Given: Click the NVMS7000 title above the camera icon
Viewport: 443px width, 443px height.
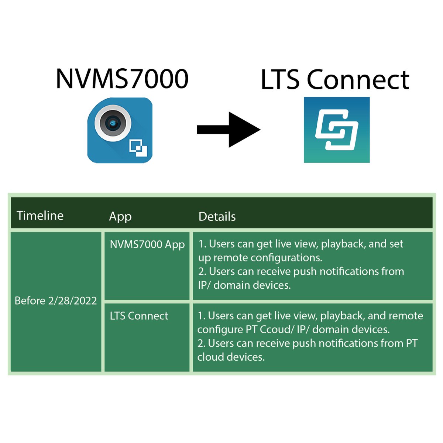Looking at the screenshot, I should pos(122,79).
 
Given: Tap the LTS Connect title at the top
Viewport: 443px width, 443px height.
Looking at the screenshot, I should pos(334,80).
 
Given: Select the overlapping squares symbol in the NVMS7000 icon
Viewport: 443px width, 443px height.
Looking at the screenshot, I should pos(138,148).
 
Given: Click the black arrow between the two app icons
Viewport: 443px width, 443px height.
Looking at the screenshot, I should pos(229,130).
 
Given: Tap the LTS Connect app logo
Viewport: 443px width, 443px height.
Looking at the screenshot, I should pos(336,130).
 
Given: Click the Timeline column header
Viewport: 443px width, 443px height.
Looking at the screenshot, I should pos(40,216).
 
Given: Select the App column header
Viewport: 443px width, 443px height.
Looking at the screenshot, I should pos(120,216).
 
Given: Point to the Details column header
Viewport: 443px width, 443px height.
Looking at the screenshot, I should pos(217,216).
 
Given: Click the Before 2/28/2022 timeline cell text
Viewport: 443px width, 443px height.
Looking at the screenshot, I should pos(55,301).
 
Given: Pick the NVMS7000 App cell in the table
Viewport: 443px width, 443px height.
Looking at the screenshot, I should pos(147,244).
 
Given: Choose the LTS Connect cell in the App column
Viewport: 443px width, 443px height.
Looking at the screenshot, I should pos(139,316).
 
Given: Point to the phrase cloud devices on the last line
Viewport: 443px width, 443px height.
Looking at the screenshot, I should pos(231,357).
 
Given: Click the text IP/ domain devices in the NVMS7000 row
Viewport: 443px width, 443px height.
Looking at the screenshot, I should pos(244,285).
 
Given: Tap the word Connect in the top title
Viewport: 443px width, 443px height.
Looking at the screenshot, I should pos(358,80).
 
